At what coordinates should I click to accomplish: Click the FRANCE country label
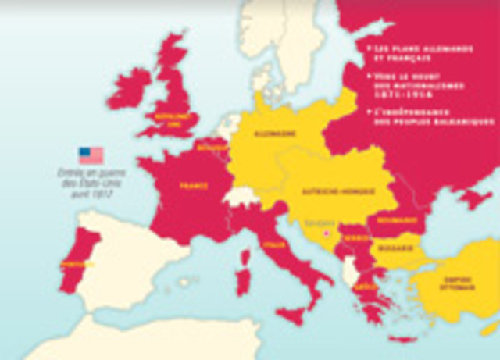(193, 187)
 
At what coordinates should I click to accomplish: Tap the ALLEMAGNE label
(274, 134)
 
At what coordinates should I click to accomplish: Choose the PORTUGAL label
(76, 264)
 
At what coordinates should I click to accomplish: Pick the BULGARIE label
(391, 248)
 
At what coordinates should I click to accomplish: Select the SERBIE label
(356, 238)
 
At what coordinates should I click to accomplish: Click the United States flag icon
(91, 155)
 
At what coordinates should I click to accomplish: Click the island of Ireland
(129, 87)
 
